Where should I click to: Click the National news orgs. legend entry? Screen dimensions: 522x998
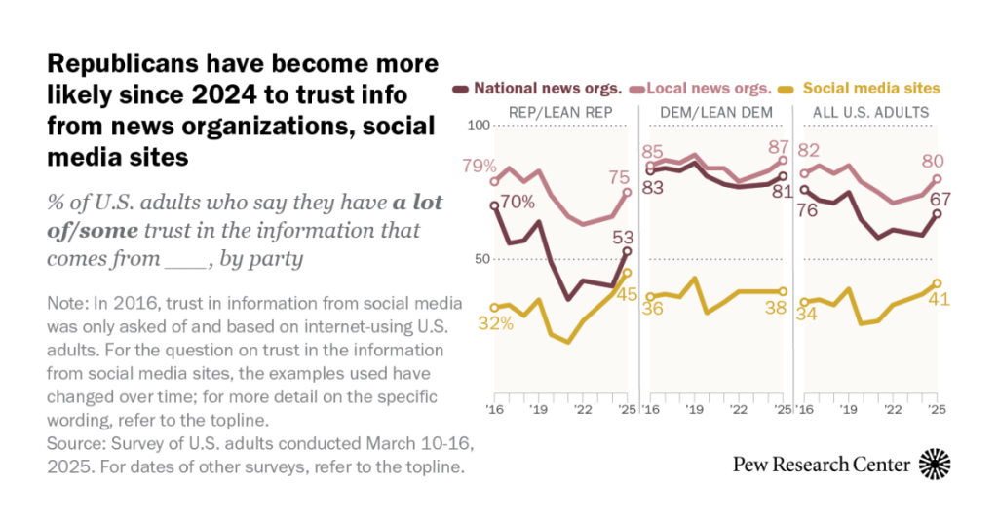click(545, 89)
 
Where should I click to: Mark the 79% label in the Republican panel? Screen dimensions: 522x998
click(480, 166)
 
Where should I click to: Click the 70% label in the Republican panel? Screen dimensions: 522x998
click(518, 203)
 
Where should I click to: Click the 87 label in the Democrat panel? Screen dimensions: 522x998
click(778, 147)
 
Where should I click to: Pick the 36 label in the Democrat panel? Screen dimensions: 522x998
click(653, 309)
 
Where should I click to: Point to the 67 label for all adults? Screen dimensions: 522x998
click(940, 200)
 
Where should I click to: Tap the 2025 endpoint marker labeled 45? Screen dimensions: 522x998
click(628, 273)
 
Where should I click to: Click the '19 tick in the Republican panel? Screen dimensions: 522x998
click(537, 410)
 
